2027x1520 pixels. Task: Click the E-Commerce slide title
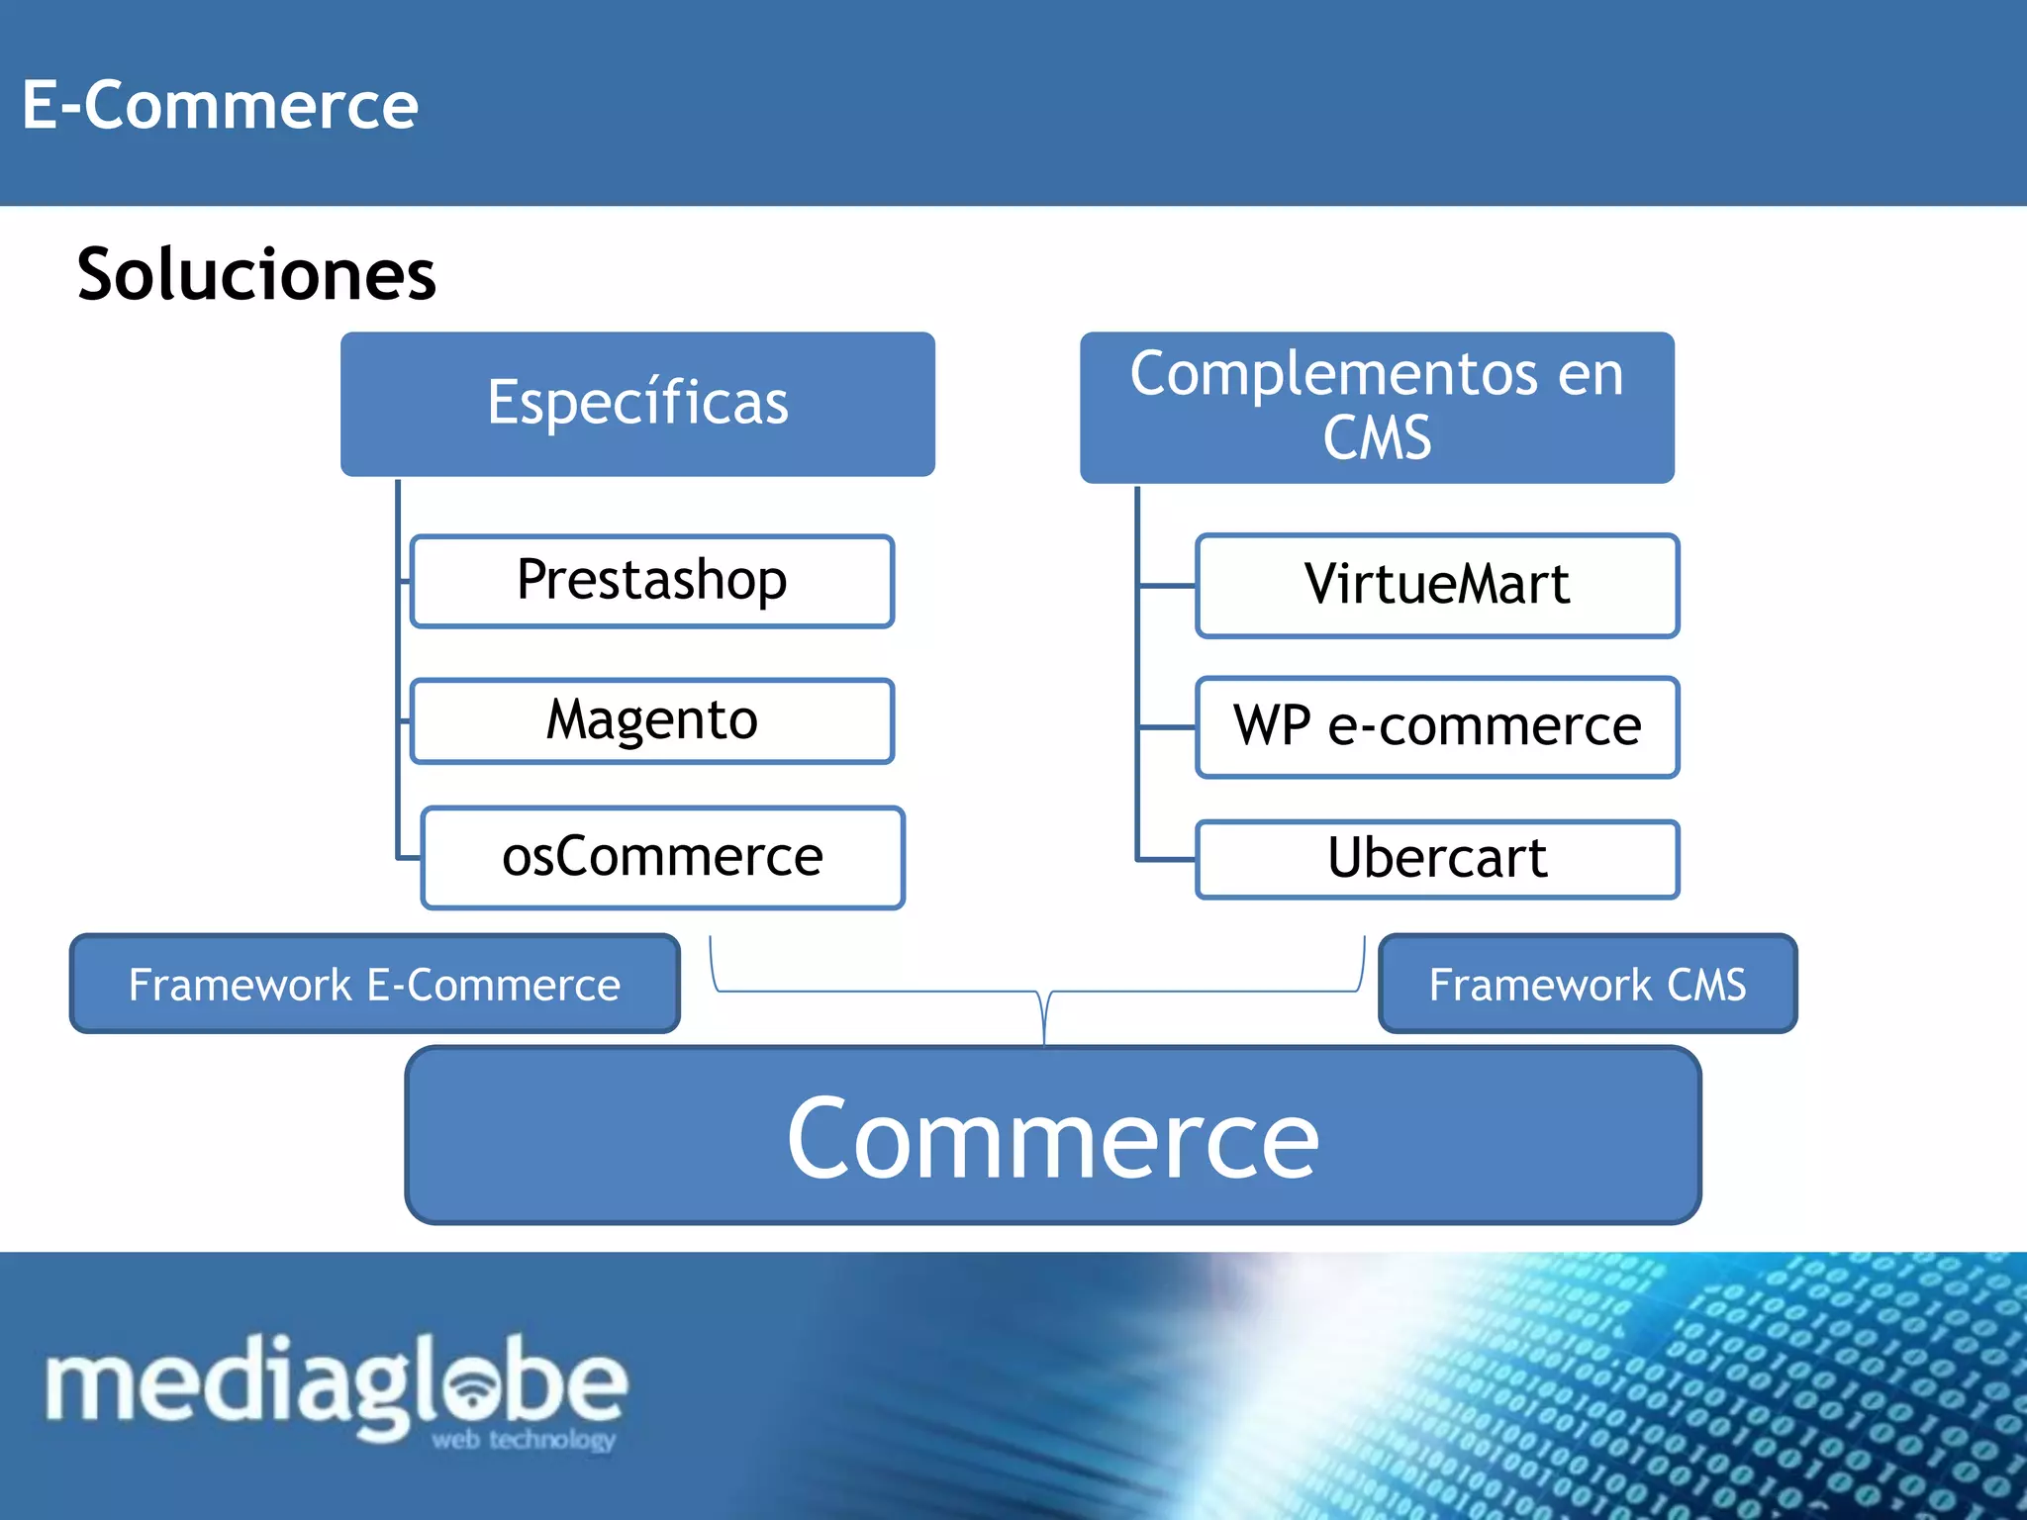coord(220,105)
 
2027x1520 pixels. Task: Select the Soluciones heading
coord(256,274)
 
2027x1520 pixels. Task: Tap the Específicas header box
coord(637,404)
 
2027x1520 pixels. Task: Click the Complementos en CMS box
coord(1377,407)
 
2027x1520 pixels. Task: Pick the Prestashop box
coord(652,581)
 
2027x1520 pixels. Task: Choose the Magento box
coord(652,720)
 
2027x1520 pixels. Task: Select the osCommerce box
coord(662,857)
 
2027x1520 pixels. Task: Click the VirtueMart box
coord(1437,585)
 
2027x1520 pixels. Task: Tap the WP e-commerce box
coord(1437,726)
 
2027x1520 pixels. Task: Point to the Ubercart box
coord(1437,858)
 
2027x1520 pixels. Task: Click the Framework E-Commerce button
coord(374,984)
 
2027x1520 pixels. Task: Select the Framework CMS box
coord(1587,984)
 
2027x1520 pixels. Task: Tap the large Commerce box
coord(1053,1136)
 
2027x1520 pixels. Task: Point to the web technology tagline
coord(524,1440)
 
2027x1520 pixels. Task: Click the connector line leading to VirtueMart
coord(1167,586)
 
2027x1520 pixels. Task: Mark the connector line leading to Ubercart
coord(1167,859)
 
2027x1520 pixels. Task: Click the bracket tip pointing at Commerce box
coord(1045,1034)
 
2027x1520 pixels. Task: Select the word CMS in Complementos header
coord(1377,438)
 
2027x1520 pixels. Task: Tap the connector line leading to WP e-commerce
coord(1167,727)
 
